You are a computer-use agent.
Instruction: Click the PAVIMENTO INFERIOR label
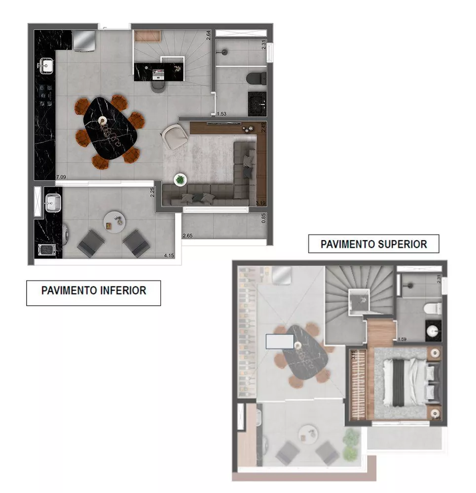pos(94,290)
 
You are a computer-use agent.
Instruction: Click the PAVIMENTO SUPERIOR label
pos(373,244)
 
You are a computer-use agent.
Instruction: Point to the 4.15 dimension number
pos(169,255)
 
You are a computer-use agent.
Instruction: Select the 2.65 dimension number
pos(187,236)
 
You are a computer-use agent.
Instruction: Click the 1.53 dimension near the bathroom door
pos(221,114)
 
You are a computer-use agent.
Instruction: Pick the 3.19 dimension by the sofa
pos(261,203)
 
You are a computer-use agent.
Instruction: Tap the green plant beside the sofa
pos(181,180)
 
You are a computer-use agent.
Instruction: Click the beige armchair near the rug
pos(172,135)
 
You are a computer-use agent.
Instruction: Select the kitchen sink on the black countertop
pos(47,65)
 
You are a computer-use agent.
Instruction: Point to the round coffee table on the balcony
pos(114,222)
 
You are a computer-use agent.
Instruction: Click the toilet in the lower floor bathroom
pos(256,77)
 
